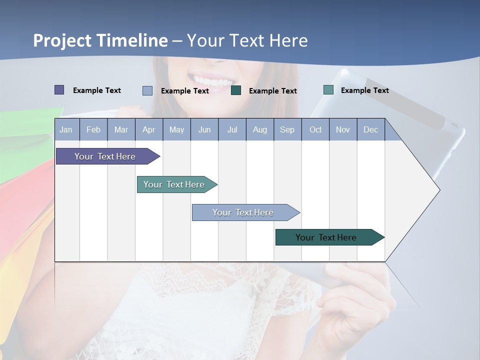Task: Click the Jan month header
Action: coord(66,129)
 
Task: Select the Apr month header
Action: coord(149,129)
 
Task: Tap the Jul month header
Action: coord(232,129)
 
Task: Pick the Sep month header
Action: coord(287,129)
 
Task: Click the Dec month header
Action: coord(370,129)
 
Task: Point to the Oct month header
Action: coord(315,129)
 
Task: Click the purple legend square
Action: coord(59,90)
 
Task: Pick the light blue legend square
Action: coord(147,90)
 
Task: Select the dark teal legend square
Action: coord(236,90)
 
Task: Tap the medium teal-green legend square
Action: coord(328,90)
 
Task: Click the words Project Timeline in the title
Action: coord(100,40)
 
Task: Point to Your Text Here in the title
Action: coord(247,40)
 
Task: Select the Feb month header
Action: coord(93,129)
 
